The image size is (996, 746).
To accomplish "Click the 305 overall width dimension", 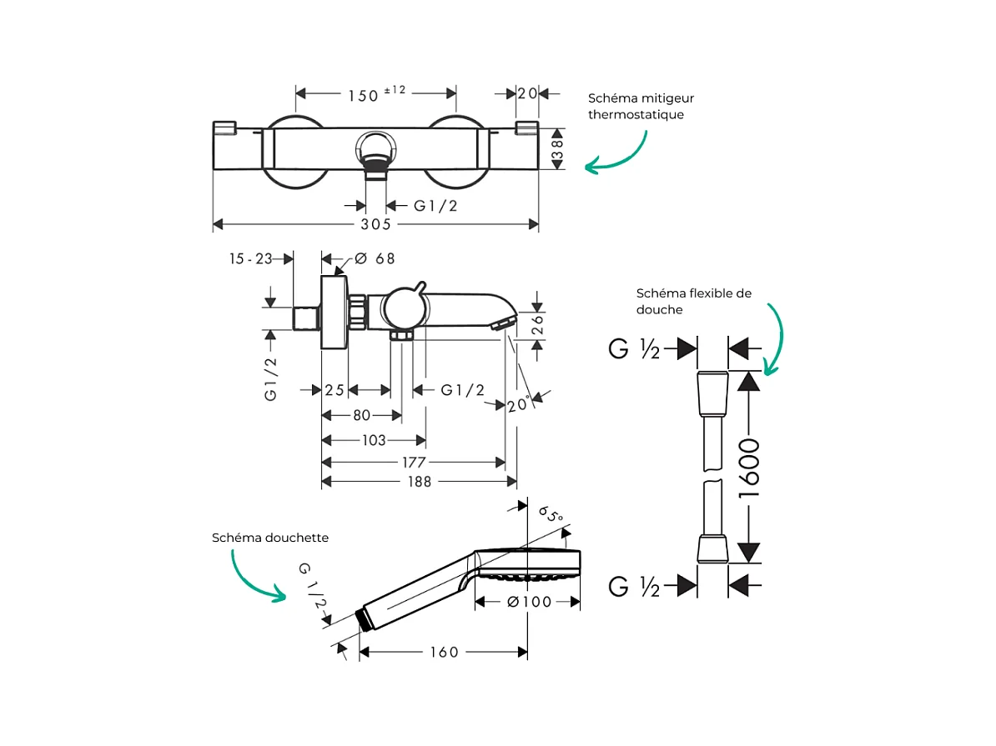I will [376, 225].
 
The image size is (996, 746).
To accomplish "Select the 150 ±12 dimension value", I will [375, 94].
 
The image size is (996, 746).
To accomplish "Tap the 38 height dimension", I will [558, 148].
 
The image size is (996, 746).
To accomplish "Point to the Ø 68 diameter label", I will [375, 258].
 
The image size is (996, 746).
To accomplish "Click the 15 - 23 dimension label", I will [251, 259].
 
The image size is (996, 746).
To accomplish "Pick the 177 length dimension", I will [414, 463].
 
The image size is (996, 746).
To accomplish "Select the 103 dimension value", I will [374, 440].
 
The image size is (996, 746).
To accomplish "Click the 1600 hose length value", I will [749, 468].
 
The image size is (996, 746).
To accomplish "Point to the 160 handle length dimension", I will [445, 652].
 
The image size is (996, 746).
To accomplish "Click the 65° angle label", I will [551, 514].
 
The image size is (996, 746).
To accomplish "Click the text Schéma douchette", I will [270, 538].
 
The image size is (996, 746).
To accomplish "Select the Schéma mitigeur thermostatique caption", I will [641, 106].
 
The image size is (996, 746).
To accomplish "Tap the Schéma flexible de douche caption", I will [693, 301].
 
